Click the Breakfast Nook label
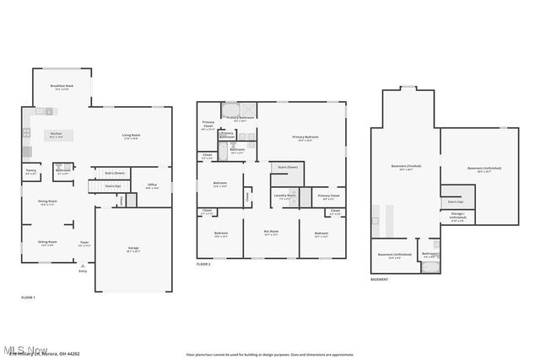(x=61, y=87)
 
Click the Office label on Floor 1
(x=152, y=186)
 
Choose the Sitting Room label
(x=47, y=243)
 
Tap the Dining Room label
(x=47, y=203)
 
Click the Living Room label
(x=131, y=136)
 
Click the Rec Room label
(x=271, y=233)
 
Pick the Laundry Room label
(x=284, y=196)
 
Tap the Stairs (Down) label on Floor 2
(x=288, y=167)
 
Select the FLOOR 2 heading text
(x=203, y=265)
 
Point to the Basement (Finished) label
(x=406, y=167)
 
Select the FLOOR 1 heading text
(x=28, y=298)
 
